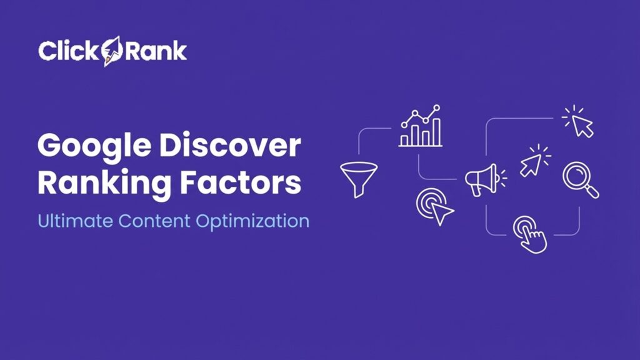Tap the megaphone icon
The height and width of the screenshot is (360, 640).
[x=482, y=180]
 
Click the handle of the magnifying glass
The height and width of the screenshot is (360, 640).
[x=591, y=191]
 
